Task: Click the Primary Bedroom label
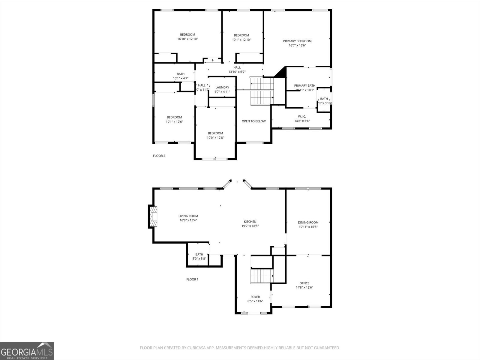[x=297, y=41]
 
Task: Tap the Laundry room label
[x=222, y=87]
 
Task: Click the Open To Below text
[x=253, y=121]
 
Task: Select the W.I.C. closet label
[x=302, y=116]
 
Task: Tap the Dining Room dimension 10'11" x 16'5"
[x=308, y=227]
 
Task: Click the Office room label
[x=304, y=283]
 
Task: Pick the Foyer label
[x=255, y=297]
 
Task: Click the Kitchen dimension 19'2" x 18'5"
[x=250, y=226]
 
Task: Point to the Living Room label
[x=188, y=216]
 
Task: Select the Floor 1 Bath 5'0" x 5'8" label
[x=199, y=254]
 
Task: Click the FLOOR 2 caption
[x=159, y=156]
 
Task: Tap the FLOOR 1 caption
[x=192, y=279]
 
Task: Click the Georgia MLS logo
[x=27, y=351]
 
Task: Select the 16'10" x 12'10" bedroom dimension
[x=187, y=39]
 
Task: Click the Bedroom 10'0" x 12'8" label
[x=215, y=133]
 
